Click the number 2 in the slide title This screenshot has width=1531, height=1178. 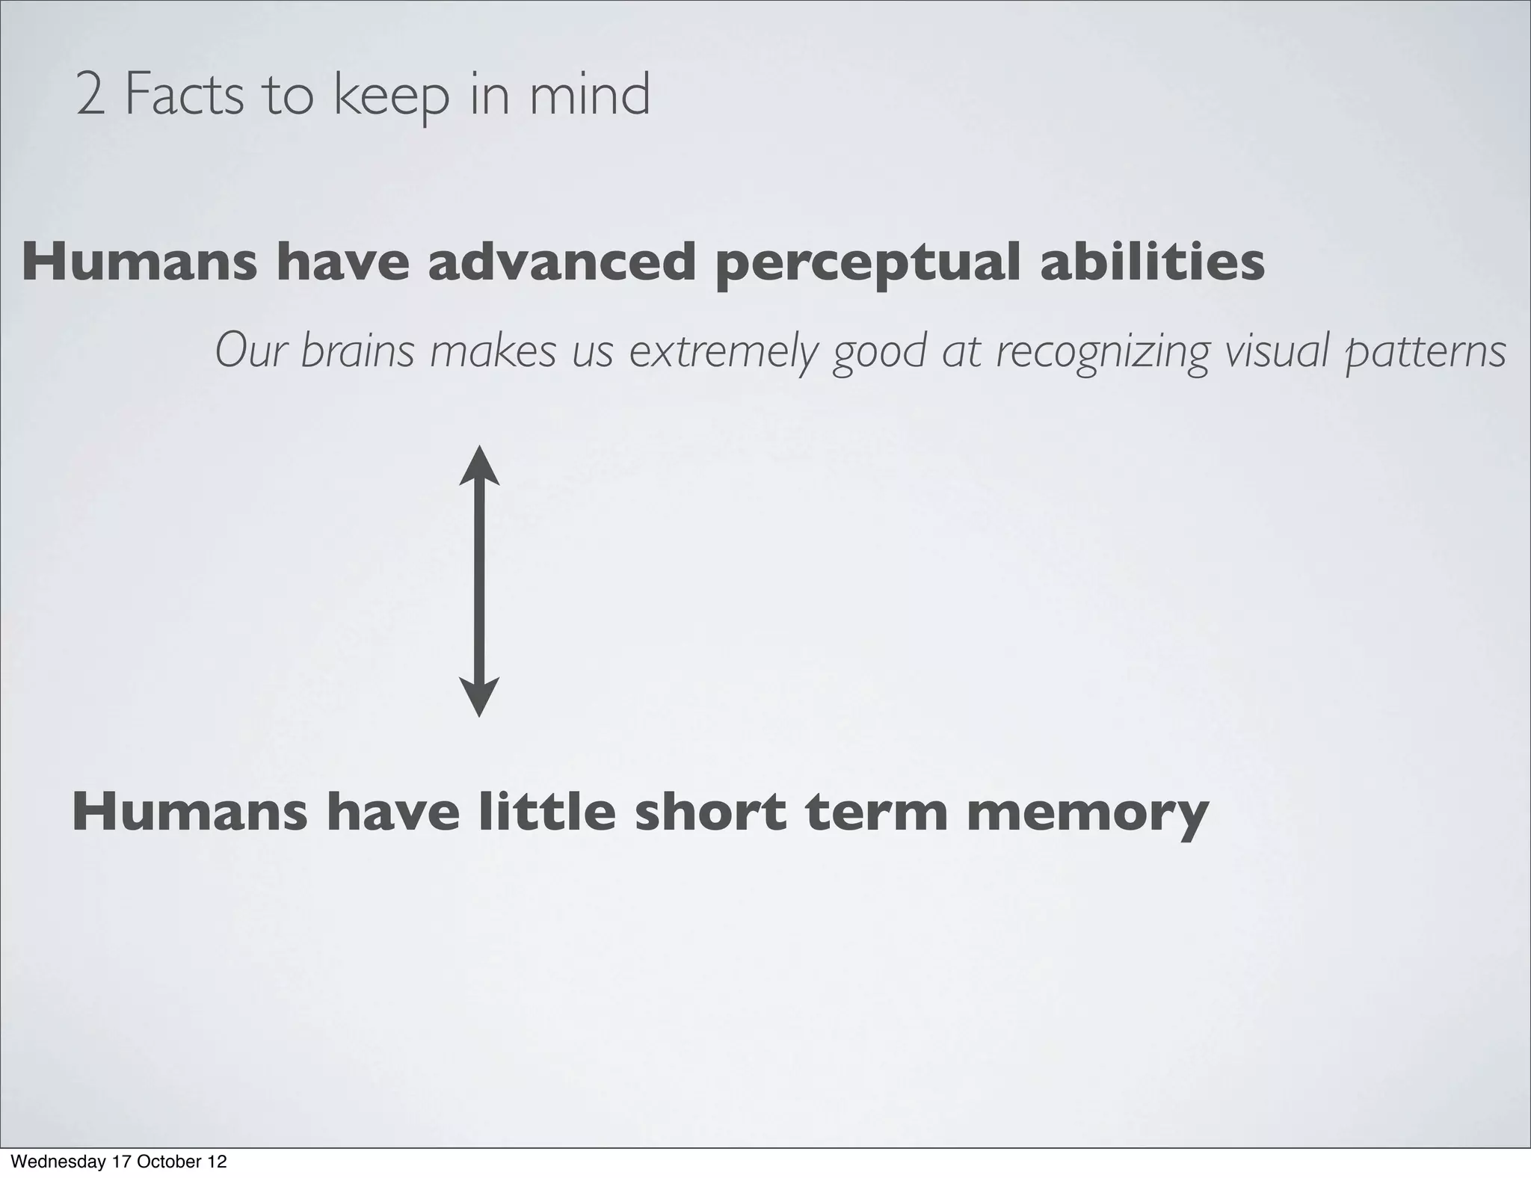tap(90, 96)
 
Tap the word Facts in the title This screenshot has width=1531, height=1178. tap(184, 96)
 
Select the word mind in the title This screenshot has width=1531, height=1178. tap(590, 95)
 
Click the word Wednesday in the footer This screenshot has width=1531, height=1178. tap(57, 1162)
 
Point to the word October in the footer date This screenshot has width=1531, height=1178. tap(167, 1162)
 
